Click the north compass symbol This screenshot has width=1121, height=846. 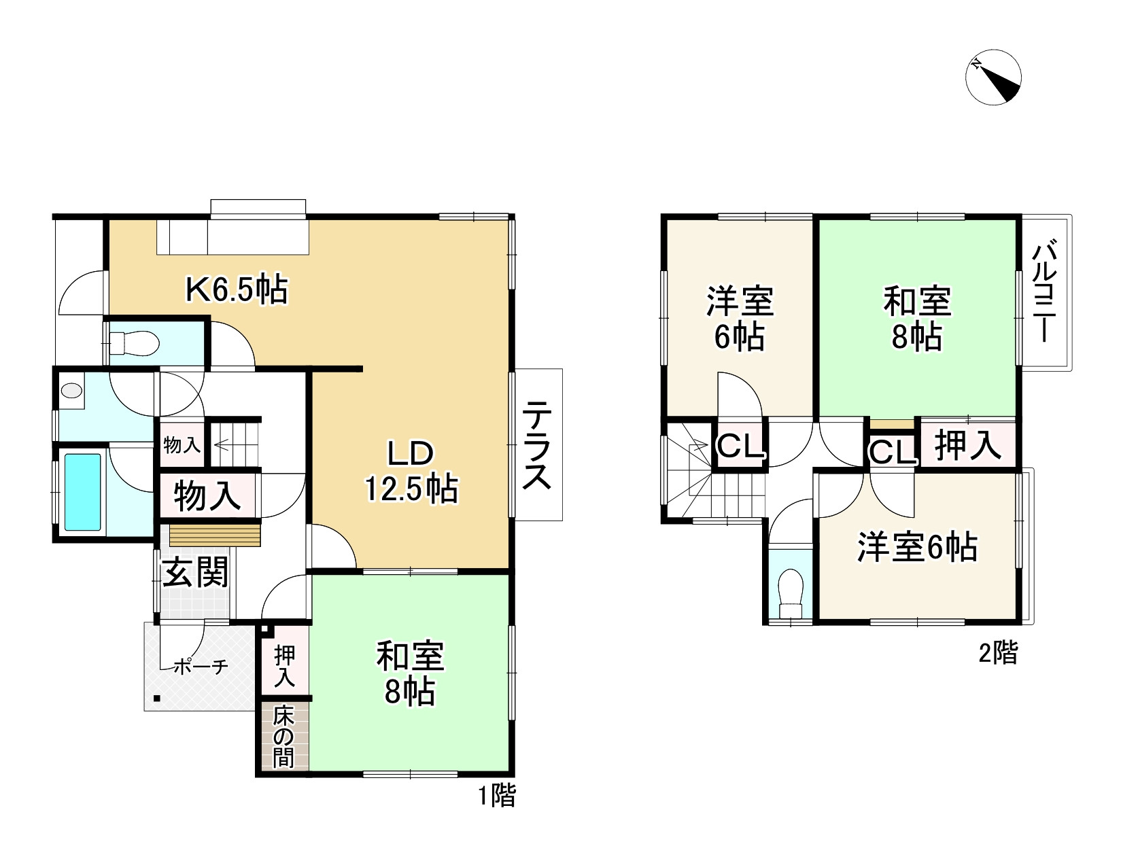pos(993,77)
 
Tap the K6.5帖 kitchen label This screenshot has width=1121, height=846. pos(237,291)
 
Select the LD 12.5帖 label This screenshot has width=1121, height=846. pos(411,472)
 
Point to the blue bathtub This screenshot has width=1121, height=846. pos(82,492)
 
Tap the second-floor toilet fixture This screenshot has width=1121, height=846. pos(790,592)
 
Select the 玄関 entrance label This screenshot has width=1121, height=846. pos(194,574)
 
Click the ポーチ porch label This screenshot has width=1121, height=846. pos(201,667)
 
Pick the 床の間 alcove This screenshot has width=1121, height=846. pos(283,737)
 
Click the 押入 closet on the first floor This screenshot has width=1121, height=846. pos(284,665)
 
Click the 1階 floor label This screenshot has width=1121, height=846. pos(495,795)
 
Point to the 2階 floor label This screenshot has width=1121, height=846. pos(998,653)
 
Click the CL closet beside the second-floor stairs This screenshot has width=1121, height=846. pos(739,447)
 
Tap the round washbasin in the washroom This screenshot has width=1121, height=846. pos(71,391)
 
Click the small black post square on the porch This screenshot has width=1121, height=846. pos(158,698)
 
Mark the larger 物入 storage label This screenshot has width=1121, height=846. pos(207,495)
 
